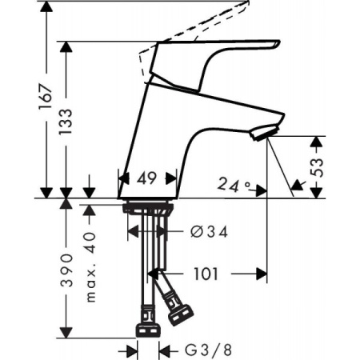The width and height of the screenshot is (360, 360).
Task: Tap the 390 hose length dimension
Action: click(x=68, y=271)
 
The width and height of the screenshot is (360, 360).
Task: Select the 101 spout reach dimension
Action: click(x=207, y=274)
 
